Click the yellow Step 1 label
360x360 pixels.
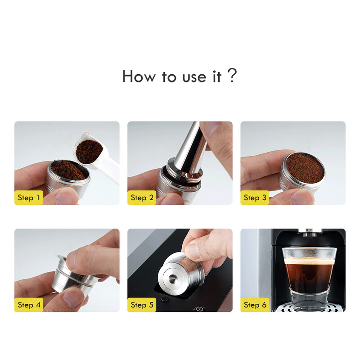[29, 198]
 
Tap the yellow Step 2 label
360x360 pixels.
[142, 198]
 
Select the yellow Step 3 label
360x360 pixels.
[255, 198]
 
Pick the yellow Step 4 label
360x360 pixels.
[29, 305]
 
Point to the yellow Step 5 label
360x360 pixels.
[142, 305]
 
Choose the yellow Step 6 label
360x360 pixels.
[255, 305]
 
